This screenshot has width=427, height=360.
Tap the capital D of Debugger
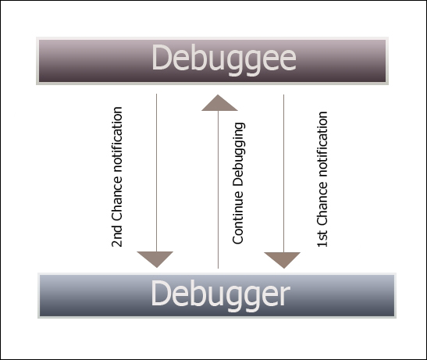pos(161,294)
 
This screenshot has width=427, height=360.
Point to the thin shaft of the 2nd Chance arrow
pos(156,172)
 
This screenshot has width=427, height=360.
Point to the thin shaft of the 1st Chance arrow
pos(283,172)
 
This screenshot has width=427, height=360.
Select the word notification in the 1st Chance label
pos(322,151)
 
